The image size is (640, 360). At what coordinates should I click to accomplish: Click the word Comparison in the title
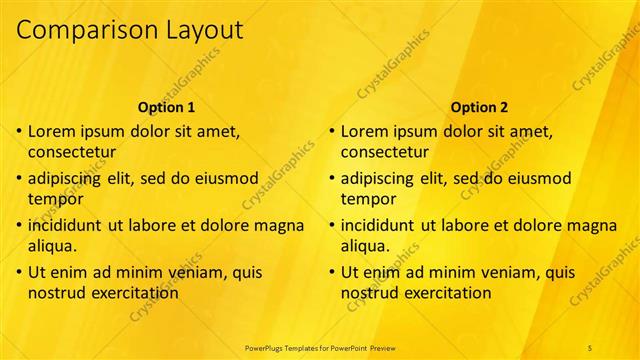[81, 31]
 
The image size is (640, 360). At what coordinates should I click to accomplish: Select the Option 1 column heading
[166, 107]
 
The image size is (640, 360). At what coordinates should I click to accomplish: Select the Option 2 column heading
[479, 107]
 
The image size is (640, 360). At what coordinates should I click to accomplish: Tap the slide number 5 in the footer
[590, 346]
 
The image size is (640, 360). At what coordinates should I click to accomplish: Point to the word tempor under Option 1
[56, 198]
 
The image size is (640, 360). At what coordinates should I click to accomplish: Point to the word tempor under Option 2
[369, 198]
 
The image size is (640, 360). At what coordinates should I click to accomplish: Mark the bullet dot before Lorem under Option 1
[19, 131]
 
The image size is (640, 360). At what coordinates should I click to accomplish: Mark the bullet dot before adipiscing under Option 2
[332, 178]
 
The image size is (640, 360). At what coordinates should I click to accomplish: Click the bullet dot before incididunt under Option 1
[19, 225]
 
